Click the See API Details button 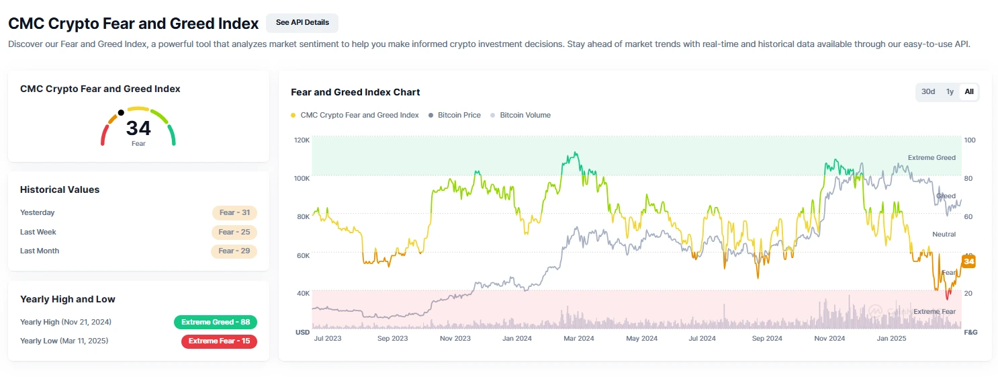(302, 23)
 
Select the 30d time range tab (928, 92)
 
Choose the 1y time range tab (950, 92)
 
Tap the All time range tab (969, 92)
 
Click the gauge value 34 (138, 128)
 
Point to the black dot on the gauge (121, 113)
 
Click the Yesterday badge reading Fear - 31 (234, 213)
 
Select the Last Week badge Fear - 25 (234, 233)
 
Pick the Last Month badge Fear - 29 (234, 251)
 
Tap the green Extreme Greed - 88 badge (215, 323)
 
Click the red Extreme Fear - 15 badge (219, 341)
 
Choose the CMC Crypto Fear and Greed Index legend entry (359, 116)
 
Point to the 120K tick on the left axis (302, 140)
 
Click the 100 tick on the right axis (970, 140)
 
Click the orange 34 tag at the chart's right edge (968, 261)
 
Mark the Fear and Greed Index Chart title (355, 92)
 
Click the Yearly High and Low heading (68, 300)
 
